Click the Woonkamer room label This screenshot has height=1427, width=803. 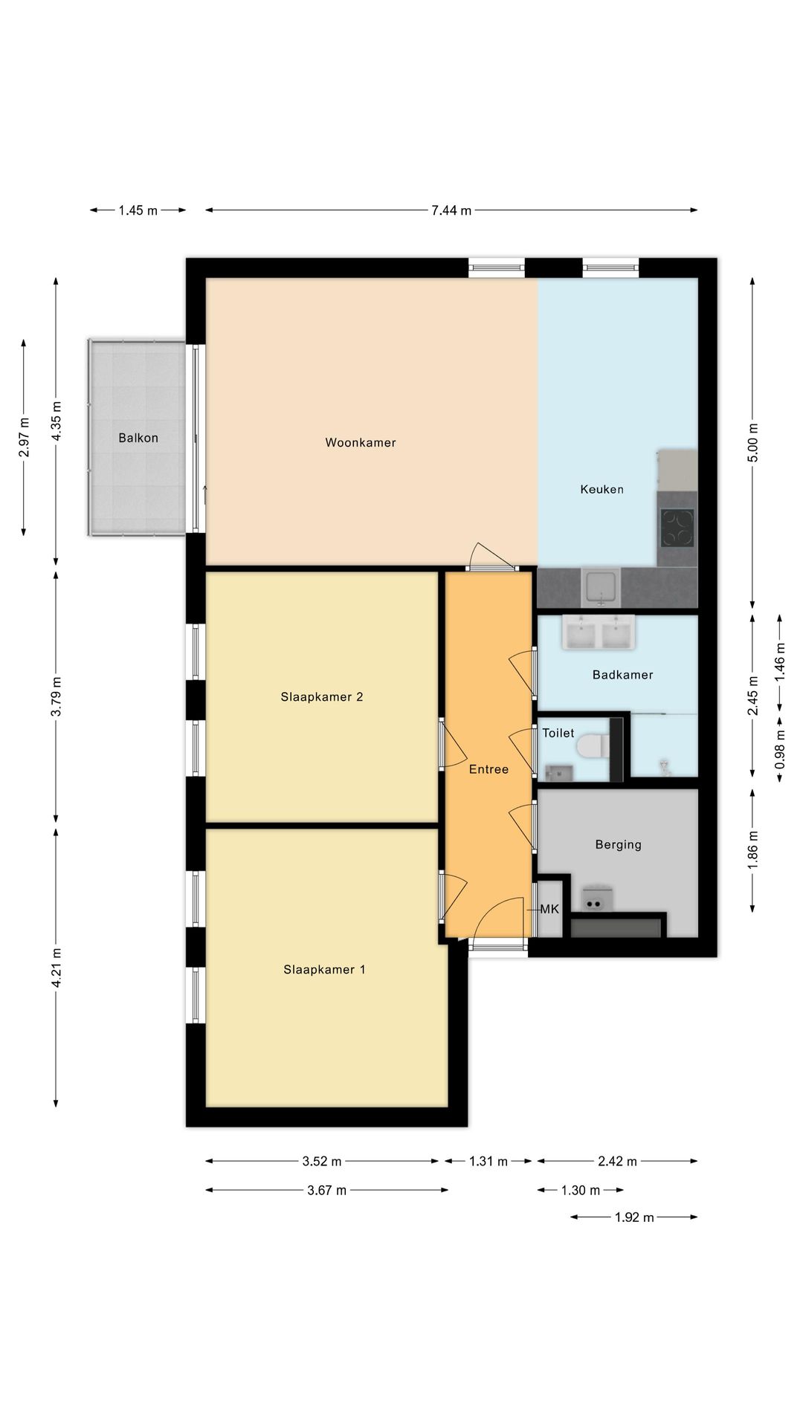(x=361, y=443)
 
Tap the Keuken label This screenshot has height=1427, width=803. (x=602, y=490)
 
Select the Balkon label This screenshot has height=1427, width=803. (x=138, y=438)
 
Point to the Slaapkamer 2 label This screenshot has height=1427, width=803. (x=322, y=697)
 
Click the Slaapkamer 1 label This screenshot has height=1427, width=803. (x=324, y=970)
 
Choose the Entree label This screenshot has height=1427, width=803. (x=488, y=769)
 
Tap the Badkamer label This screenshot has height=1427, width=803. (x=623, y=675)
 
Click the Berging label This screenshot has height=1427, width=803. (x=619, y=845)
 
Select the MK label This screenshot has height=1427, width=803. (x=549, y=909)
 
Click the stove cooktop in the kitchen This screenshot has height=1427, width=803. (x=677, y=528)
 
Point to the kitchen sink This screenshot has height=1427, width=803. (x=602, y=586)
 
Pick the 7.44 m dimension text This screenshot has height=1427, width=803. (x=451, y=210)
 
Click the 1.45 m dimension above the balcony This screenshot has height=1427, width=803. (x=138, y=210)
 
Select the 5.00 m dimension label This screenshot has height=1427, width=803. (x=753, y=442)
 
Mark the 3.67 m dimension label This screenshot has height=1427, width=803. (x=326, y=1191)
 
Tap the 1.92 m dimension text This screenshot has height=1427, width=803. (x=634, y=1217)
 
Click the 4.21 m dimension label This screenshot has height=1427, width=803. (x=57, y=968)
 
